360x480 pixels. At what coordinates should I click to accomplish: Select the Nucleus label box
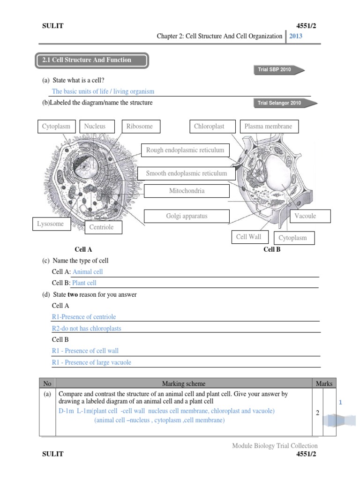click(x=95, y=127)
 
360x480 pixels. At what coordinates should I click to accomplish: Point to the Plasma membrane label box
click(x=269, y=127)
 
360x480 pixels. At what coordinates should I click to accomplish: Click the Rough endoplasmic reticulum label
click(x=185, y=150)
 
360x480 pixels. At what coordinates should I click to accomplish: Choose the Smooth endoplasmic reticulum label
click(x=186, y=173)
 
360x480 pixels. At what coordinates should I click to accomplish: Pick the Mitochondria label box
click(x=187, y=191)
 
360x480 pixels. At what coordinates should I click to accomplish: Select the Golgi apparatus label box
click(x=187, y=216)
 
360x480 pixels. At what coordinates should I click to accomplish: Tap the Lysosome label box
click(x=51, y=224)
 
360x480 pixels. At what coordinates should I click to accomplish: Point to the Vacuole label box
click(x=305, y=216)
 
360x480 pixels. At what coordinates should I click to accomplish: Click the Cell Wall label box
click(x=249, y=237)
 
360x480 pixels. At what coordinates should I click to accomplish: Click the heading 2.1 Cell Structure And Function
click(x=92, y=60)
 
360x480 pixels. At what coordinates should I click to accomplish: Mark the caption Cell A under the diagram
click(x=83, y=249)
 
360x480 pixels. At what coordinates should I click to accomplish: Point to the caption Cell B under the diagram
click(x=272, y=249)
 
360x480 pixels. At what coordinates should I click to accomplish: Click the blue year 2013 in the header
click(x=296, y=36)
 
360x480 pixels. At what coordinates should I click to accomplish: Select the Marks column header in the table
click(x=324, y=383)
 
